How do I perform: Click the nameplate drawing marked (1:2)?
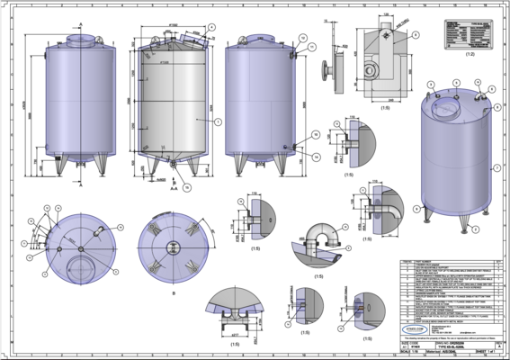coord(470,33)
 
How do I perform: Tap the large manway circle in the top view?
coord(83,269)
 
